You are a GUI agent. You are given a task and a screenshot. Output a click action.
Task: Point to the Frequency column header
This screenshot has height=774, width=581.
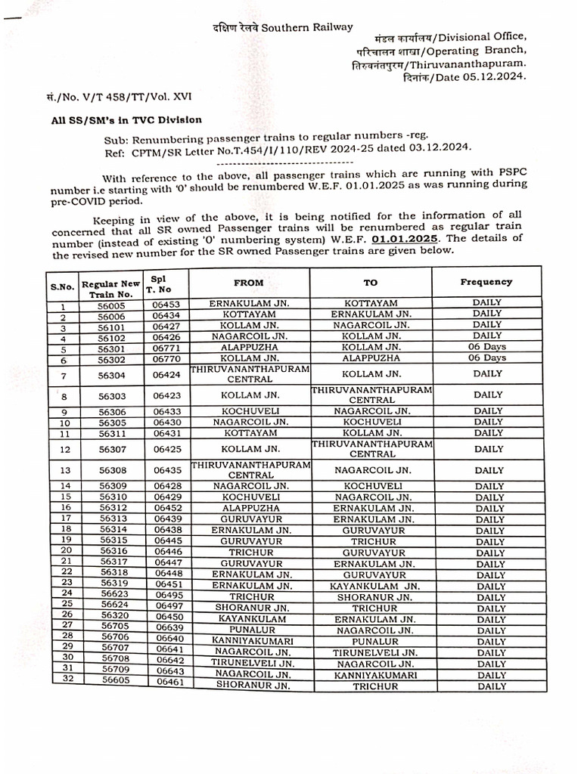click(486, 282)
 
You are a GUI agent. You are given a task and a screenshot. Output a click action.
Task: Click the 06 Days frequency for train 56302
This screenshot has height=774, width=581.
click(487, 358)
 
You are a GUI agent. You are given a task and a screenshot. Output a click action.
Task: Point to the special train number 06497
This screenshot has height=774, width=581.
click(169, 608)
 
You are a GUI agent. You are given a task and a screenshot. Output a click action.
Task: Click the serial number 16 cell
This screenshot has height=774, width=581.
click(65, 508)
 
